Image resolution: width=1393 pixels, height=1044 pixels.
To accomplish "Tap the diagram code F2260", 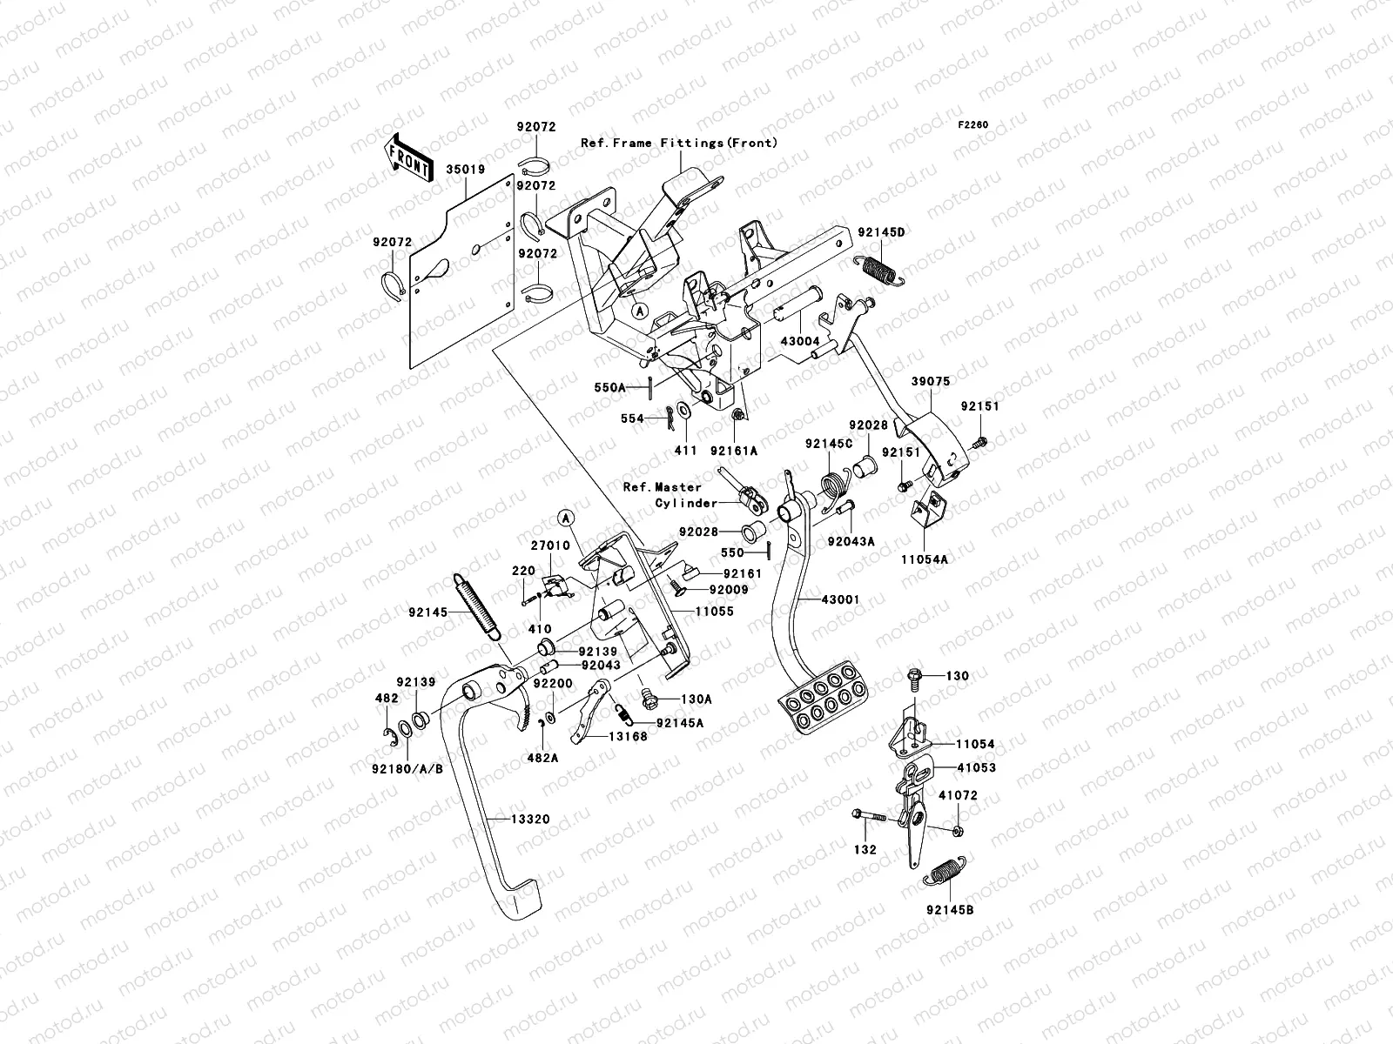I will point(973,125).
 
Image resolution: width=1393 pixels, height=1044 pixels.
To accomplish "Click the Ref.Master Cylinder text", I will point(670,495).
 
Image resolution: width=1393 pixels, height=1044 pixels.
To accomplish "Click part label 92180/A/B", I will point(407,768).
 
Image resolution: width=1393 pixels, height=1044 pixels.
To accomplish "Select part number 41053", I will point(975,768).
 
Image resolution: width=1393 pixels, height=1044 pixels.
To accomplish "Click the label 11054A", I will point(925,559).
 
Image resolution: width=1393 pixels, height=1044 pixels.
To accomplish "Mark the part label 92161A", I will point(733,450).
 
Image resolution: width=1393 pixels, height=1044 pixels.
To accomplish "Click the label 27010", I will point(550,545).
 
